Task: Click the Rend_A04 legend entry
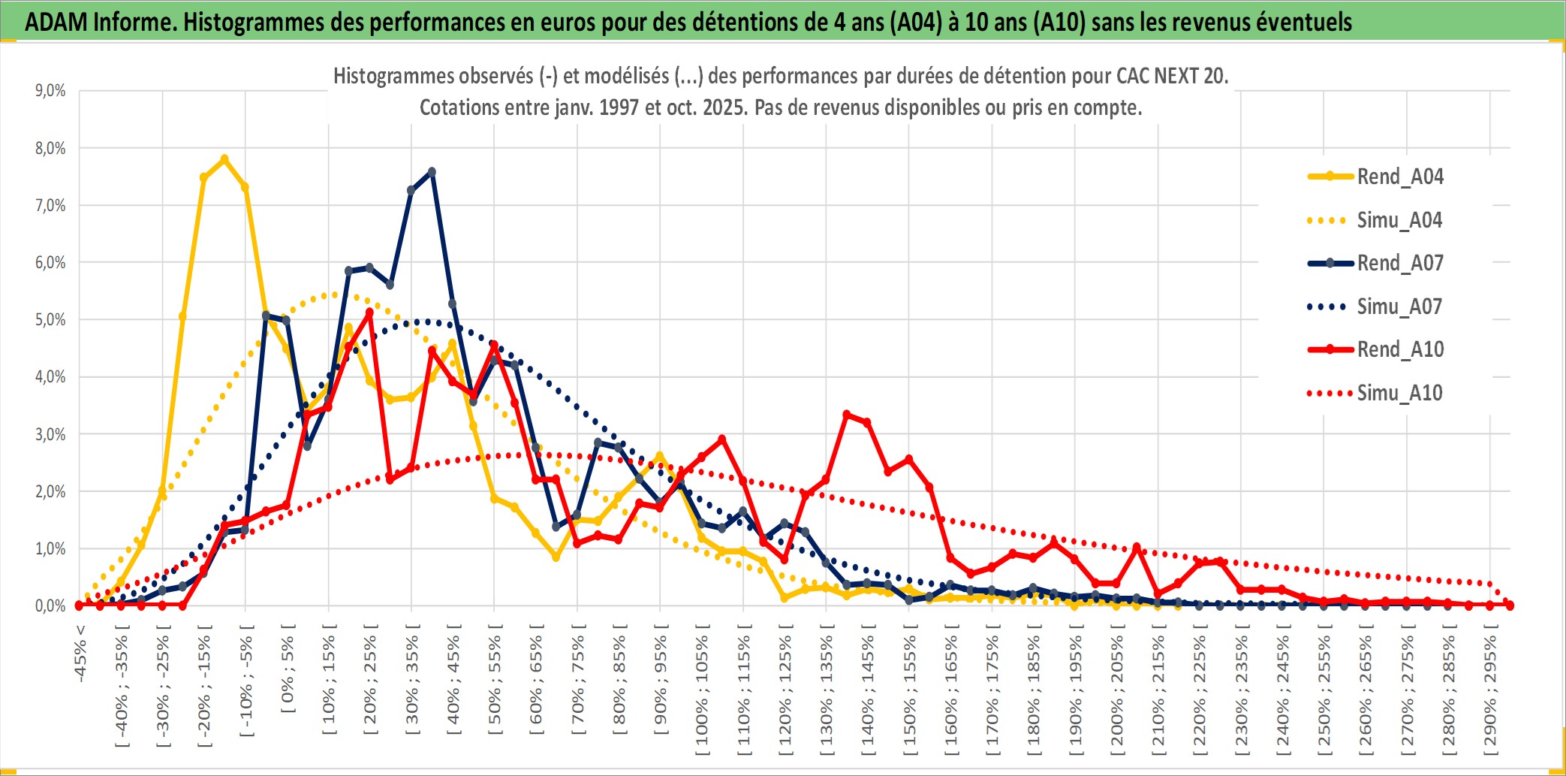point(1399,177)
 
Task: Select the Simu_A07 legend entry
point(1399,306)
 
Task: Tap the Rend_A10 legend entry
point(1399,349)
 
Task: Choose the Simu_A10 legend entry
point(1399,393)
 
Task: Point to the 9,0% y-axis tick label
point(50,91)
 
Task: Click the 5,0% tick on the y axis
point(50,320)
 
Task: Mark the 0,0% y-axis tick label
point(50,606)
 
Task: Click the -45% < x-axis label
point(80,654)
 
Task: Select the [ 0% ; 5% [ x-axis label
point(288,669)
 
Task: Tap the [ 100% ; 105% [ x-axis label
point(702,687)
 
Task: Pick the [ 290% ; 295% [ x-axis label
point(1490,687)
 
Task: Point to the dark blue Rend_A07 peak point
point(432,172)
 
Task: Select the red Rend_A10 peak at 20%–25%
point(369,312)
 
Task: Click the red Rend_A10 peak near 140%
point(847,414)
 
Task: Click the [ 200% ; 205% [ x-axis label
point(1117,687)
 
